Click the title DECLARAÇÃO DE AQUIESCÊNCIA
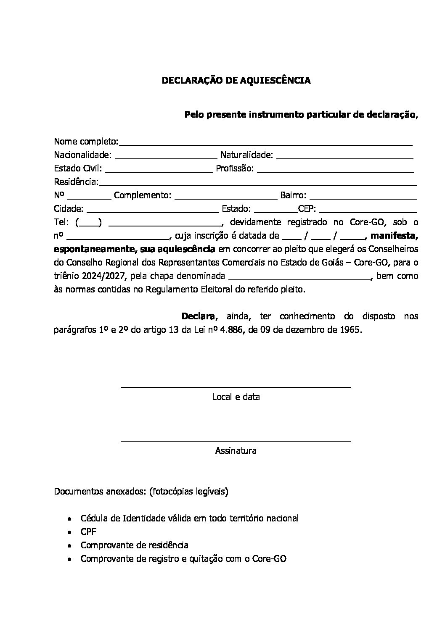coord(236,81)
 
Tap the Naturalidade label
coord(247,155)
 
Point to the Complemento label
coord(143,195)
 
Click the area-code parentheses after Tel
coord(89,222)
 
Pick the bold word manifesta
coord(394,235)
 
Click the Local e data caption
coord(236,397)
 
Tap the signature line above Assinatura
coord(236,441)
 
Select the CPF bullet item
coord(89,532)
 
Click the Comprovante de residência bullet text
coord(135,545)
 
